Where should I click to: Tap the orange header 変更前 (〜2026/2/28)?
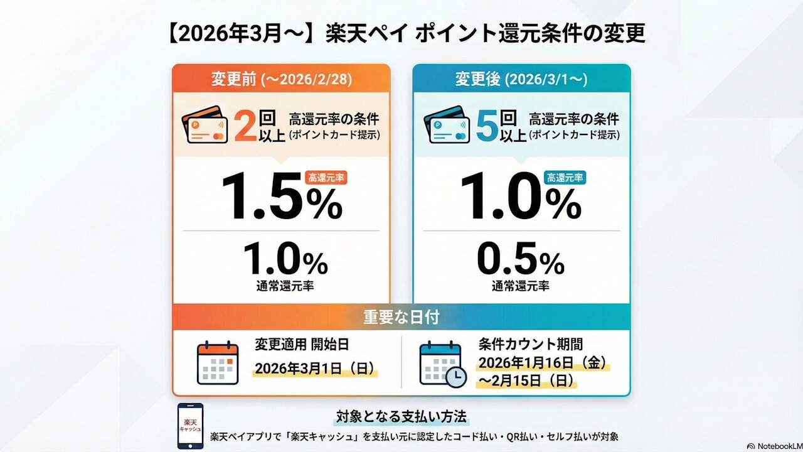[x=280, y=80]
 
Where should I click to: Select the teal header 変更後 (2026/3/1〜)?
[x=521, y=80]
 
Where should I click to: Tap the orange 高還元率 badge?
[x=326, y=178]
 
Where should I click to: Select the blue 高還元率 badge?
[x=565, y=178]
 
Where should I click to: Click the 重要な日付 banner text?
[x=401, y=317]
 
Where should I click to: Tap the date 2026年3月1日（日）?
[x=315, y=369]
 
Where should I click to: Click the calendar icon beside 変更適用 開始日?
[x=218, y=363]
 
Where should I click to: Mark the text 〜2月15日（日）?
[x=526, y=382]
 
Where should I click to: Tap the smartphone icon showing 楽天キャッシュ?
[x=190, y=426]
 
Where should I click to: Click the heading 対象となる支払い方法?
[x=402, y=417]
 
